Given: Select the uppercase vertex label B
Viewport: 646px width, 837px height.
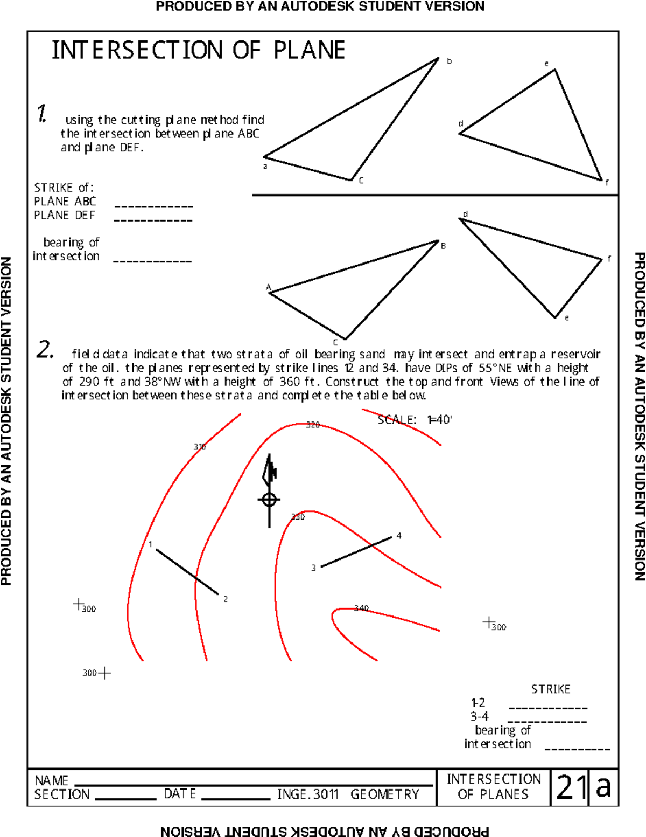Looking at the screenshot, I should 443,246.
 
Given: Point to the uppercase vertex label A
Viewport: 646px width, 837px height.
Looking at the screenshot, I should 268,287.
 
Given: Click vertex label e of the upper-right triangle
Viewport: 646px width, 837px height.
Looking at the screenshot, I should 546,64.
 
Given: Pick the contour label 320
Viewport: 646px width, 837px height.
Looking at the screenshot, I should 313,425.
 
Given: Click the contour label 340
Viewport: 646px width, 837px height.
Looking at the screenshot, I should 361,608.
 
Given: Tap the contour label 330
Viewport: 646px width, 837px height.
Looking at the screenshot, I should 298,517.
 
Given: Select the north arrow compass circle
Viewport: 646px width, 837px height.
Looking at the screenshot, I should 269,500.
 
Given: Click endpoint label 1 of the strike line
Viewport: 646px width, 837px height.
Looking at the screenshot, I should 150,544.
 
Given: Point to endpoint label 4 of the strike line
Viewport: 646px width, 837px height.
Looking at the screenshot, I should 399,536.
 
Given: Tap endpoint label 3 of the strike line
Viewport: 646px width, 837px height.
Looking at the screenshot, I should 313,568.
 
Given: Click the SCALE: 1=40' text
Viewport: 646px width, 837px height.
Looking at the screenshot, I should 415,420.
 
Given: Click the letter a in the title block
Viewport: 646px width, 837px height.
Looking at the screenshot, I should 603,787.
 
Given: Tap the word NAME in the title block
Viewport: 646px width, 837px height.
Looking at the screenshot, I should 51,780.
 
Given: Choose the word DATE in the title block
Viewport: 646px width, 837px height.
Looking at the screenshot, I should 180,794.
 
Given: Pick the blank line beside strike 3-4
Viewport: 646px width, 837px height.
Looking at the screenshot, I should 547,722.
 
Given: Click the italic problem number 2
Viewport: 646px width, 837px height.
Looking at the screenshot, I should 45,350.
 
